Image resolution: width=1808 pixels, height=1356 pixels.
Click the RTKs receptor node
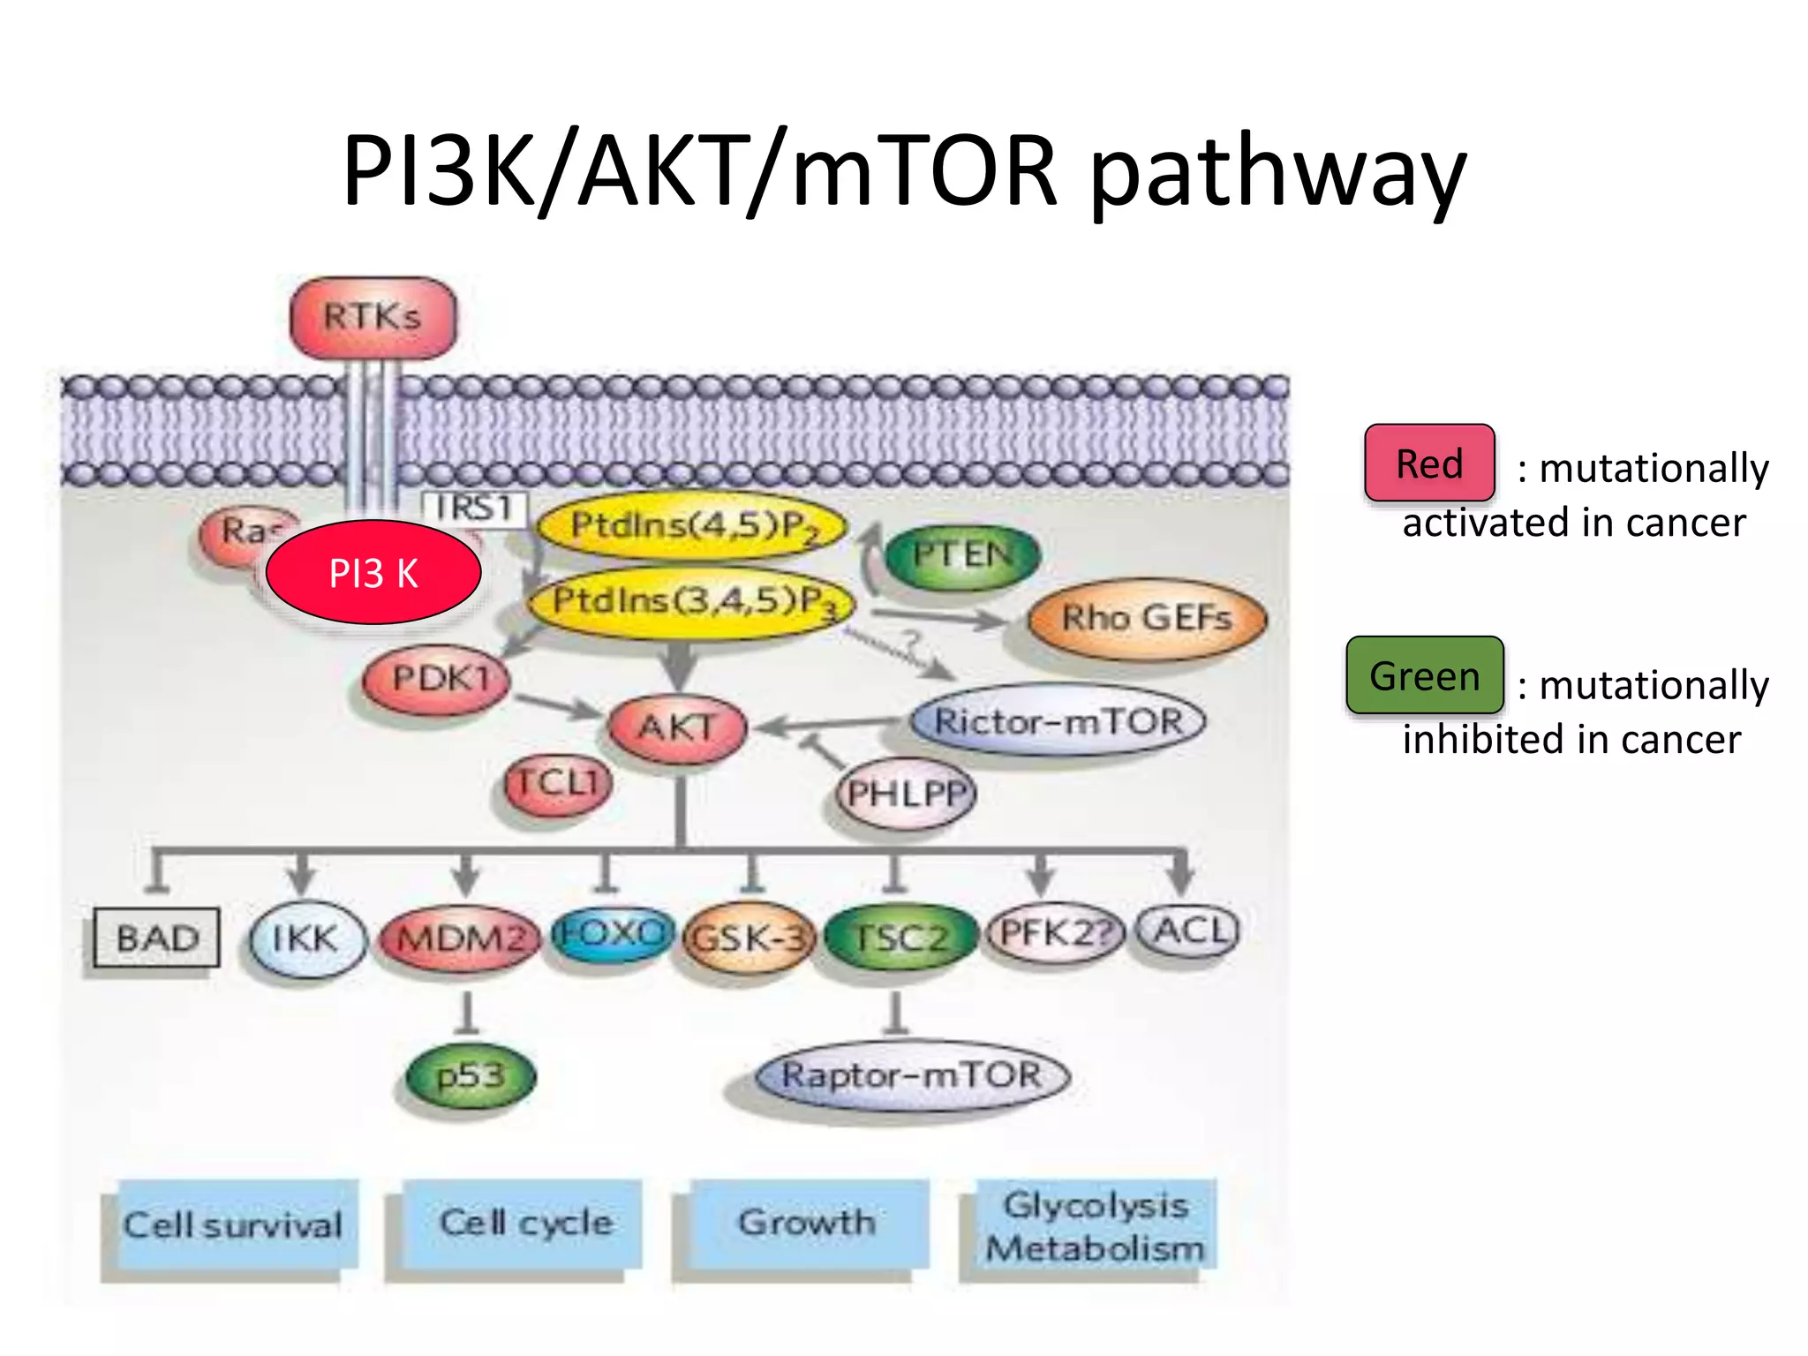(373, 317)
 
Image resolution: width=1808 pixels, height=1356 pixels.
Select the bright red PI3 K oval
(373, 572)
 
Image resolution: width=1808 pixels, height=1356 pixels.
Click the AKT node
(677, 728)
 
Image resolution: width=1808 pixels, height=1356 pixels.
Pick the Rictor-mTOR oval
(1058, 721)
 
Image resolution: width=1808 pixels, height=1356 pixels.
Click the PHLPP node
(906, 793)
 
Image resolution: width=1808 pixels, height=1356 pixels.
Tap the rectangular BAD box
(157, 938)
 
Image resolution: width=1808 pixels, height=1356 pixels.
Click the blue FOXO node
(611, 933)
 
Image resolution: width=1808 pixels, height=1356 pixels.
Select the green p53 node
(471, 1076)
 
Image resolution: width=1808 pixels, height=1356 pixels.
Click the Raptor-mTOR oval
(913, 1076)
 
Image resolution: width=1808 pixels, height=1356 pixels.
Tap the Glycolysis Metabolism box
(1095, 1226)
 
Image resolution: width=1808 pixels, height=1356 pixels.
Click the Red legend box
(1428, 463)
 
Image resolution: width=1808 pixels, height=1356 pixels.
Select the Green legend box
(1424, 676)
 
